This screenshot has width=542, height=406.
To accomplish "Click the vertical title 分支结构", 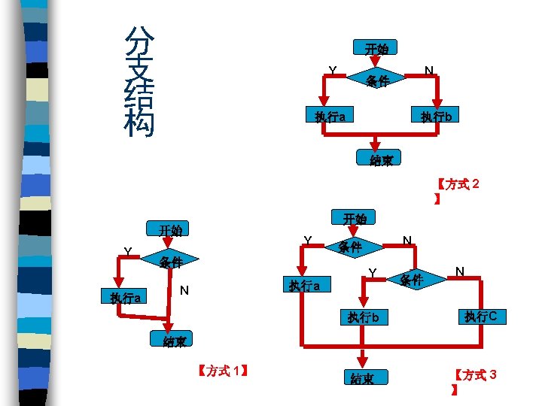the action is click(139, 81).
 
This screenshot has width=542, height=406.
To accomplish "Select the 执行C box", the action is click(480, 317).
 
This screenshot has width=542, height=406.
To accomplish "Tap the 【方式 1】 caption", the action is click(221, 370).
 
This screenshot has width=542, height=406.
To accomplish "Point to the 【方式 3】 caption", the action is click(475, 381).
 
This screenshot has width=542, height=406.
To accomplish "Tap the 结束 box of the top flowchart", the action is click(380, 159).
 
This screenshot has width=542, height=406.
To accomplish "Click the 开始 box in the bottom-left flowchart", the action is click(169, 229).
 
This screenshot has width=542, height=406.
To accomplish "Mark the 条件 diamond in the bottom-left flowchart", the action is click(171, 262).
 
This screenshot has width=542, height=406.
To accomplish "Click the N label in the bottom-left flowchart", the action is click(184, 290).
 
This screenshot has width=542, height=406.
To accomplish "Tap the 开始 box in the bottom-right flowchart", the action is click(354, 219).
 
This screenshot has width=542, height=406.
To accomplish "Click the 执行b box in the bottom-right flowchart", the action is click(367, 317).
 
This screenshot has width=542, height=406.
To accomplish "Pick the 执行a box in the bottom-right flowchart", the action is click(305, 286).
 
